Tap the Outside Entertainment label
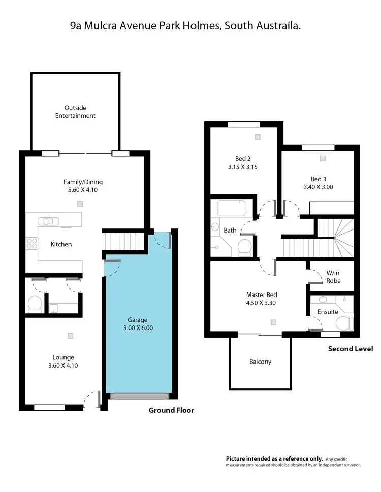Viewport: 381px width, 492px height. coord(75,112)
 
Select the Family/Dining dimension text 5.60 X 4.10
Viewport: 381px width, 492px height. coord(79,190)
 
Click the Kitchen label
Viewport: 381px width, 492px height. coord(61,244)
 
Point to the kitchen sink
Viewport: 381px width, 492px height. coord(48,221)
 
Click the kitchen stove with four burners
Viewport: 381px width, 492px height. coord(32,243)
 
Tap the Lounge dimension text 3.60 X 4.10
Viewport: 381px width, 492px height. coord(63,365)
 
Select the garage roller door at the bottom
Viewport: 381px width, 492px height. coord(139,396)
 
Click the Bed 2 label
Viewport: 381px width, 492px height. coord(243,157)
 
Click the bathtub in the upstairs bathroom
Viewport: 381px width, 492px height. coord(231,208)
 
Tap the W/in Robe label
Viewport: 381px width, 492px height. coord(333,277)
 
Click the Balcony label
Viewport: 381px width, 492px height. coord(260,362)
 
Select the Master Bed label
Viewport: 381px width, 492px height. coord(261,294)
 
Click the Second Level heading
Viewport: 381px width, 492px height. coord(350,349)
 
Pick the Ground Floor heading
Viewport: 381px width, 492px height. coord(171,410)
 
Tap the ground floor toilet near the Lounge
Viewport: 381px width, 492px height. coord(35,304)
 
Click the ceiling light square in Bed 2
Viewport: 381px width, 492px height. coord(258,137)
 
